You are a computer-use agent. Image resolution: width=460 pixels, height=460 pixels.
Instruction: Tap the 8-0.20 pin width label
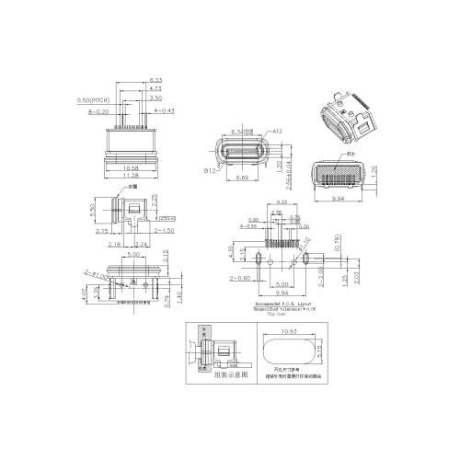click(x=99, y=110)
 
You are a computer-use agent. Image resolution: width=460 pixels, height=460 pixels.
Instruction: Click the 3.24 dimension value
click(x=142, y=246)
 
